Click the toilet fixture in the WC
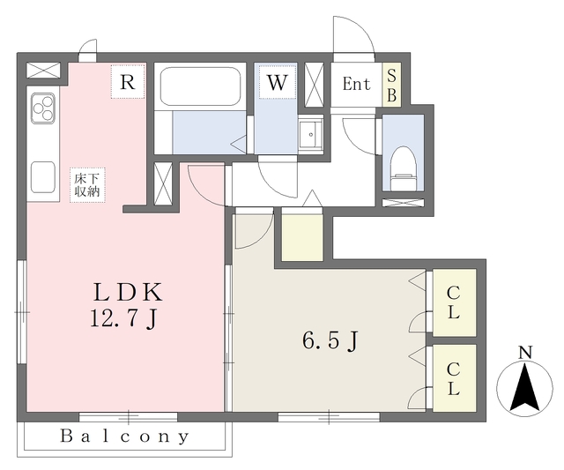(403, 168)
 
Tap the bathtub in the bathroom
(200, 86)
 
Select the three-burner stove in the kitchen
(43, 108)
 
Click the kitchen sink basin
(43, 177)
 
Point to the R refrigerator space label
(128, 82)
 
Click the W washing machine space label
(278, 82)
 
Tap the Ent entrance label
(356, 84)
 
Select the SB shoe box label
(391, 85)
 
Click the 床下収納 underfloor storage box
(87, 185)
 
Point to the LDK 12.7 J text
(127, 305)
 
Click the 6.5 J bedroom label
(330, 340)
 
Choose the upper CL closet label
(453, 302)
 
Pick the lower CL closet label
(453, 379)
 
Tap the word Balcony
(125, 436)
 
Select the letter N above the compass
(525, 353)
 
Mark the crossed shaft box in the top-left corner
(43, 70)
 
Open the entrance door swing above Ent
(354, 36)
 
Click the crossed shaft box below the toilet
(403, 203)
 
